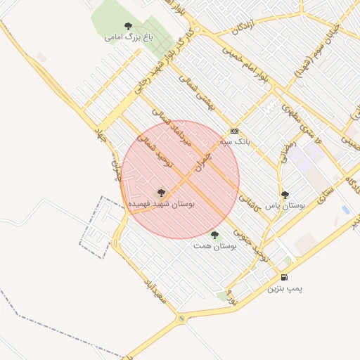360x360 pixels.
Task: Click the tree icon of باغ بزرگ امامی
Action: [128, 26]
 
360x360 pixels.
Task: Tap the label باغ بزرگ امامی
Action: [128, 36]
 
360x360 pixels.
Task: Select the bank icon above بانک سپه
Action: [234, 131]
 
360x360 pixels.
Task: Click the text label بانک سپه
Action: [235, 141]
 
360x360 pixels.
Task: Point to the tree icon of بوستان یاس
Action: [284, 195]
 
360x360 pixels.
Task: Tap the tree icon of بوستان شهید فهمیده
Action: [160, 192]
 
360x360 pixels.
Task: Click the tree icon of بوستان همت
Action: [214, 235]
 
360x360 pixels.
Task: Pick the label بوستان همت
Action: [215, 245]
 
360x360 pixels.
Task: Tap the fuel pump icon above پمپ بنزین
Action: [284, 277]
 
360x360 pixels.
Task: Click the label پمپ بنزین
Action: [285, 288]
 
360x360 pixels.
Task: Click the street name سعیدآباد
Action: [153, 288]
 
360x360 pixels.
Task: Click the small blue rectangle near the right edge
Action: [345, 210]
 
